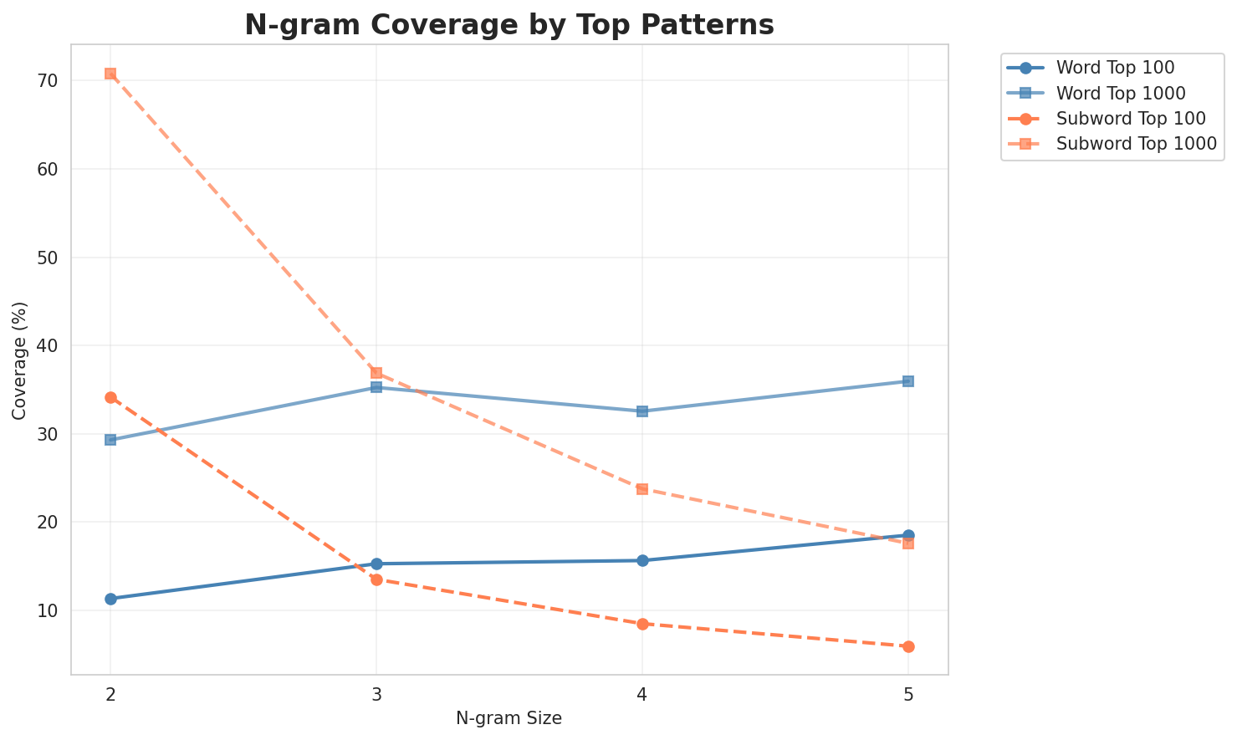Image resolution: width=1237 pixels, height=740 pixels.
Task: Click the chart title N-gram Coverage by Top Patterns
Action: click(x=509, y=25)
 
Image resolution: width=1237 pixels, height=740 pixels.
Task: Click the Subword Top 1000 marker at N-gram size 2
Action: click(x=110, y=74)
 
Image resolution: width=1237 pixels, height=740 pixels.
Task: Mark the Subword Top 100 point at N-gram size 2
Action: click(x=110, y=397)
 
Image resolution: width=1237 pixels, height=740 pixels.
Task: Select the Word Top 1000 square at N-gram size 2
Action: click(x=110, y=440)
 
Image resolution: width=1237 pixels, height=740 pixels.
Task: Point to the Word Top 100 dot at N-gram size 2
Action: click(x=110, y=599)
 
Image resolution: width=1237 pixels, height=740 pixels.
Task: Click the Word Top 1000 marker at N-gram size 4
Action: click(x=642, y=411)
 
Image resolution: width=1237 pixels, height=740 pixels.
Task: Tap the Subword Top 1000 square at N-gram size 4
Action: click(x=642, y=488)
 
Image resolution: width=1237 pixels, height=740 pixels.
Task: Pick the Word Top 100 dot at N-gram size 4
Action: click(x=642, y=560)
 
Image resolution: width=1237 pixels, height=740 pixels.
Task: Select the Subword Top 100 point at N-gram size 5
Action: click(x=908, y=646)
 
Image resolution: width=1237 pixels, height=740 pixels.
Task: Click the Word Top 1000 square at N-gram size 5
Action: click(x=908, y=381)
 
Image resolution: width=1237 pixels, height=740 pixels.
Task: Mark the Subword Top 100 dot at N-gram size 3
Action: click(x=376, y=579)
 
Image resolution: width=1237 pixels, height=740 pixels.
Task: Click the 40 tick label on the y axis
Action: click(x=46, y=346)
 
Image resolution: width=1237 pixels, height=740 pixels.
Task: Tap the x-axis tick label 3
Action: click(x=376, y=694)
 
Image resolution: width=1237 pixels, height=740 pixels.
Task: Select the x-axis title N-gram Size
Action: click(x=509, y=718)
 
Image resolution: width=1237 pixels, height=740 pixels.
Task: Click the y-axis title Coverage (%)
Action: click(x=19, y=360)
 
